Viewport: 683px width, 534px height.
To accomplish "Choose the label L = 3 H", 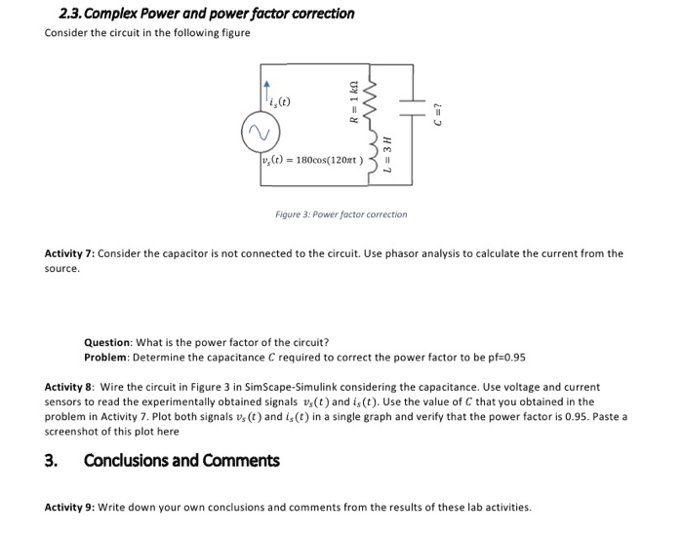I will (387, 156).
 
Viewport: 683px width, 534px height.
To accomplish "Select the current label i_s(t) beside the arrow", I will (279, 100).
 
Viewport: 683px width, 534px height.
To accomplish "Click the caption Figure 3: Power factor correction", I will (341, 214).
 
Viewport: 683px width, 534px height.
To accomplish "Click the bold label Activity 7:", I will (70, 253).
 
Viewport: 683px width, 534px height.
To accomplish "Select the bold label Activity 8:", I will (70, 387).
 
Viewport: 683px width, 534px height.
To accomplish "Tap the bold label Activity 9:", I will (70, 507).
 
